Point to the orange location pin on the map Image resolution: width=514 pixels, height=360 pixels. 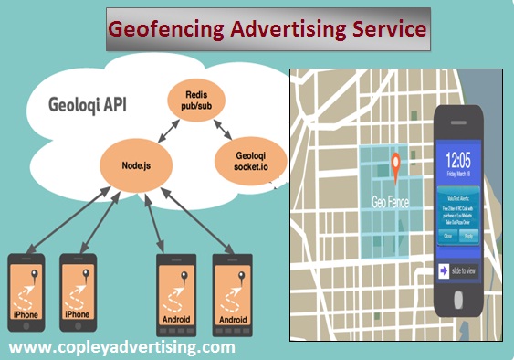click(396, 165)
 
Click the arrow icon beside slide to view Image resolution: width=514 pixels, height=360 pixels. click(446, 271)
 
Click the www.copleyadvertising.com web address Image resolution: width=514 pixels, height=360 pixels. click(122, 348)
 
